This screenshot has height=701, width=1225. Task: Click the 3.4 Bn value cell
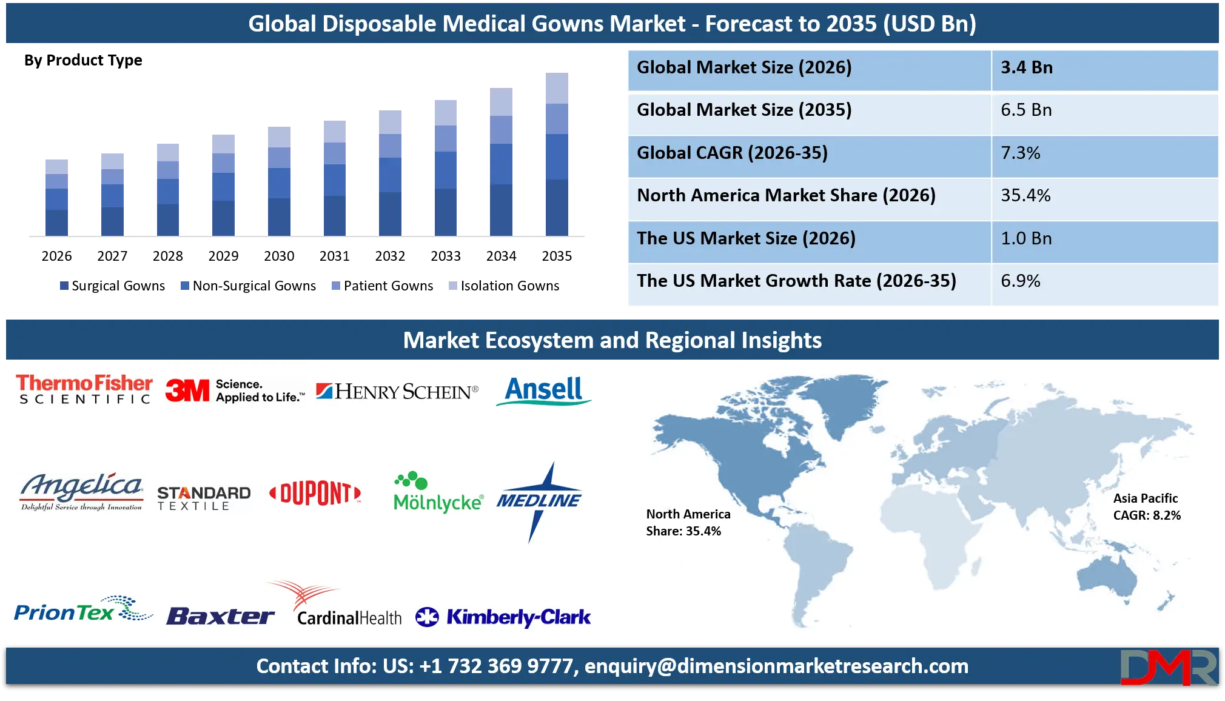(1026, 67)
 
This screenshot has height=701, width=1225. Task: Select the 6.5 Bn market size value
(1026, 110)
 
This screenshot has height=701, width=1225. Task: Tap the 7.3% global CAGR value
(1020, 153)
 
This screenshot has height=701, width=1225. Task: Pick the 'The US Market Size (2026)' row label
(746, 238)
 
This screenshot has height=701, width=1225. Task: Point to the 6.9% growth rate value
(1020, 281)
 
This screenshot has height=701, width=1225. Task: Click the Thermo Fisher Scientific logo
(84, 389)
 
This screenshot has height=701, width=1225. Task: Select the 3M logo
(234, 391)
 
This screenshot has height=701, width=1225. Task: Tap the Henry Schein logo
(397, 392)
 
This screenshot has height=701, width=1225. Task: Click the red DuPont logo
(315, 494)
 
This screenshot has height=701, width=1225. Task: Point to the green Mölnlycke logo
(438, 492)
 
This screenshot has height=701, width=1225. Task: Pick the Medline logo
(539, 501)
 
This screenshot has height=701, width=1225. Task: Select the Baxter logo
(220, 616)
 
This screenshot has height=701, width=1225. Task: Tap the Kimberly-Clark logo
(503, 617)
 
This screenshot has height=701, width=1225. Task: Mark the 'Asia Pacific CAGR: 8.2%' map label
(1146, 507)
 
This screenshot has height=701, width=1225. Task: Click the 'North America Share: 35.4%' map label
(688, 523)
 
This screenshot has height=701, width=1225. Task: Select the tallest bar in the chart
(557, 155)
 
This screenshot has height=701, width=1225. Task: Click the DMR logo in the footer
(1168, 667)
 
